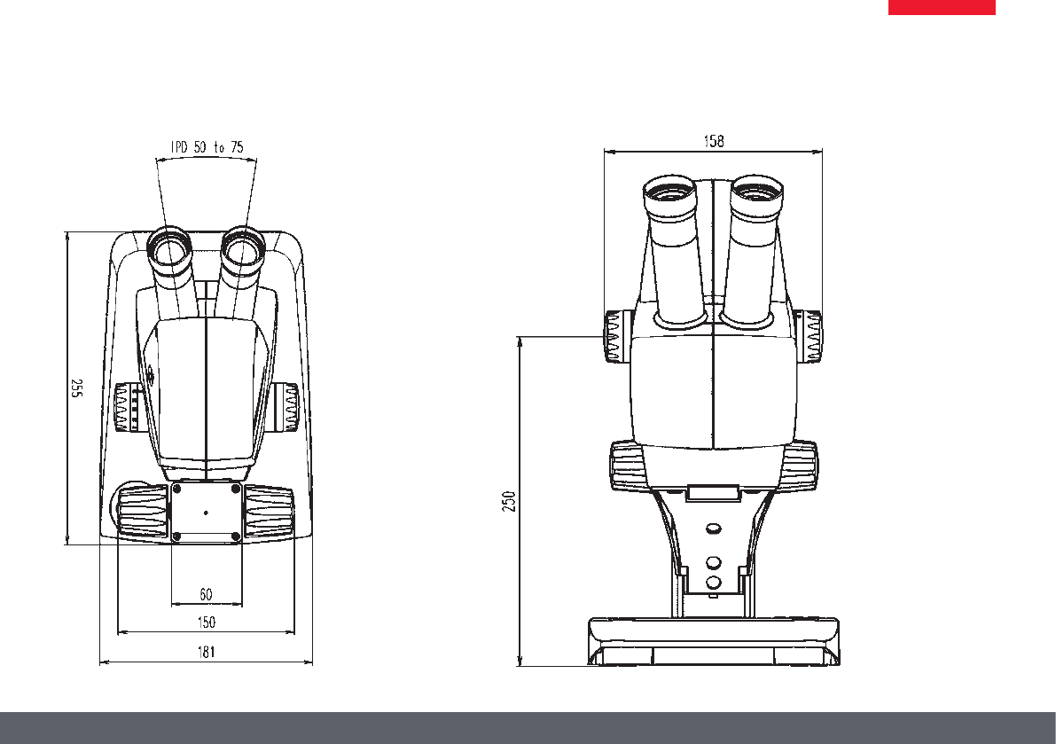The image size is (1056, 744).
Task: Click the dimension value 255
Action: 77,388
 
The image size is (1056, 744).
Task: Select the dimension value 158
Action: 714,141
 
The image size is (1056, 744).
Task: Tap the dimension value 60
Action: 206,594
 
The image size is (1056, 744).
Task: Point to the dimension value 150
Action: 206,623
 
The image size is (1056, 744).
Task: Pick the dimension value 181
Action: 206,652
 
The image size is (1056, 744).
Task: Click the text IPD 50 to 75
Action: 207,147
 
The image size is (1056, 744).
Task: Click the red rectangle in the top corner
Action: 942,7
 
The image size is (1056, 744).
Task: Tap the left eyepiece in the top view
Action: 169,250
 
